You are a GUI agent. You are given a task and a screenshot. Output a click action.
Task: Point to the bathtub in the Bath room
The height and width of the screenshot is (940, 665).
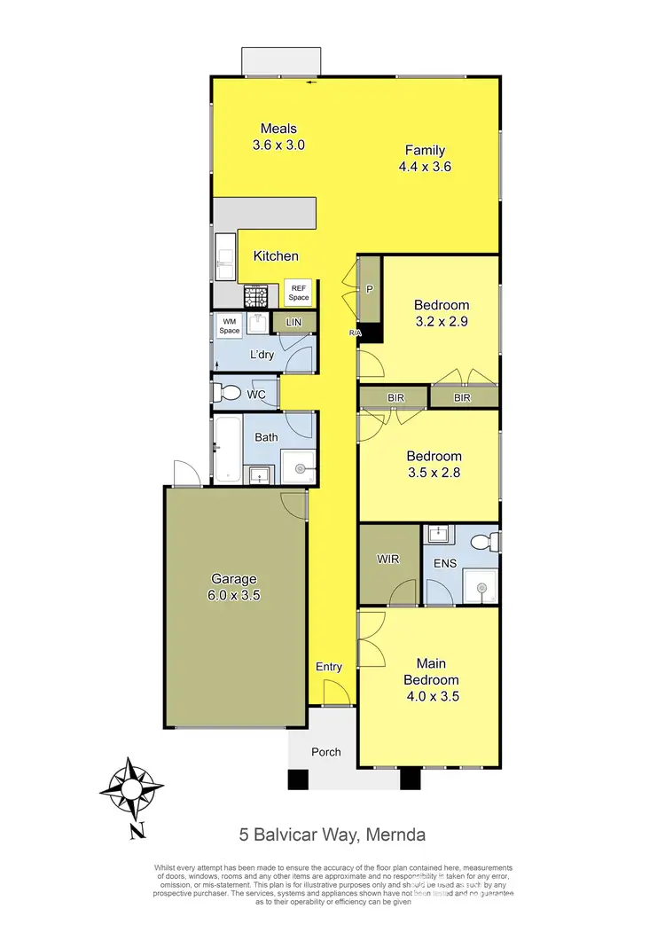point(223,448)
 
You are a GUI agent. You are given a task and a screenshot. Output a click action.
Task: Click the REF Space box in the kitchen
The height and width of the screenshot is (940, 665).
point(298,292)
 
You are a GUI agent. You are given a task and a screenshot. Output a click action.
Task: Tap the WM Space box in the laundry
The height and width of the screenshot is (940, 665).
point(231,325)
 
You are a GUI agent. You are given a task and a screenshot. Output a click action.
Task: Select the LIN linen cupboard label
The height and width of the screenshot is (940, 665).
point(293,323)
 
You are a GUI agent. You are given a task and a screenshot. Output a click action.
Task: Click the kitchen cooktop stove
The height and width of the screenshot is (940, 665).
point(256,294)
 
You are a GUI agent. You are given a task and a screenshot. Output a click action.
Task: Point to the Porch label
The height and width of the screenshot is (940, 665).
point(325,752)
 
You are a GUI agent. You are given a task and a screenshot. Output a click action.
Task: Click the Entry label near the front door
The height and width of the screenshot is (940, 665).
point(329,667)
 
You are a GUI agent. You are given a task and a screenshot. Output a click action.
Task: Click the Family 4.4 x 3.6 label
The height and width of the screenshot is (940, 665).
point(426,158)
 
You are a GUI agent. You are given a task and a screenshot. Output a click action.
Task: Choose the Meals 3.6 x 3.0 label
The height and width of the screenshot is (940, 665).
point(278,137)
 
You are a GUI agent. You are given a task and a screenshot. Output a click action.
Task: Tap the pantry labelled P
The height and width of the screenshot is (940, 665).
point(369,289)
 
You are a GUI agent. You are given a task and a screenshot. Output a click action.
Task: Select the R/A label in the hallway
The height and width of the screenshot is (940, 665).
point(356,333)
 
